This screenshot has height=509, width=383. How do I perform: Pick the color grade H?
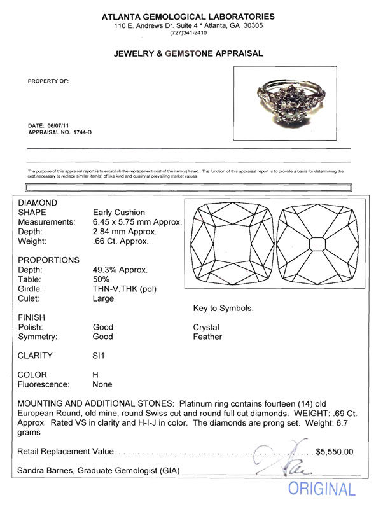click(x=96, y=375)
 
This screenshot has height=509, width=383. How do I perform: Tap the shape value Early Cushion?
click(x=119, y=213)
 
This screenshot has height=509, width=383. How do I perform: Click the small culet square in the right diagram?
click(x=315, y=243)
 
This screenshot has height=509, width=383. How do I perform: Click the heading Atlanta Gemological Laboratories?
click(x=192, y=16)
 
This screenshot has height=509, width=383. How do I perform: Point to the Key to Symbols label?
click(x=223, y=309)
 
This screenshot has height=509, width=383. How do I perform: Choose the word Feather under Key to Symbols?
click(x=207, y=337)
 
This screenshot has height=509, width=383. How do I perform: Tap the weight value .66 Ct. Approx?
click(x=121, y=242)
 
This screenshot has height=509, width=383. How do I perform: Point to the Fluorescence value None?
click(x=102, y=384)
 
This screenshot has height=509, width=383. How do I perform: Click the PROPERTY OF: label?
click(x=48, y=81)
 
